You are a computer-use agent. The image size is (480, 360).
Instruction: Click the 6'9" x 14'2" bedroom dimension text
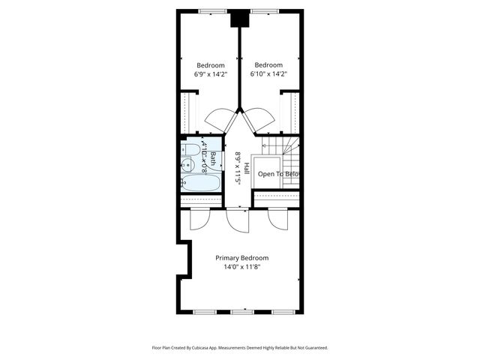click(x=210, y=74)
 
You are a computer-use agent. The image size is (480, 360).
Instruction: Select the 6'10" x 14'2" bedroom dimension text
click(x=268, y=74)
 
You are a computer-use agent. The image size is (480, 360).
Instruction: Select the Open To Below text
click(x=279, y=174)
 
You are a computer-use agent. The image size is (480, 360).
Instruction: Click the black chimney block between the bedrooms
click(x=239, y=19)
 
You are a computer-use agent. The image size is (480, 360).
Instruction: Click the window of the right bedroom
click(x=264, y=10)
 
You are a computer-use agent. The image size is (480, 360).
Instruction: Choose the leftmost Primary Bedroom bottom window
click(x=203, y=311)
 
